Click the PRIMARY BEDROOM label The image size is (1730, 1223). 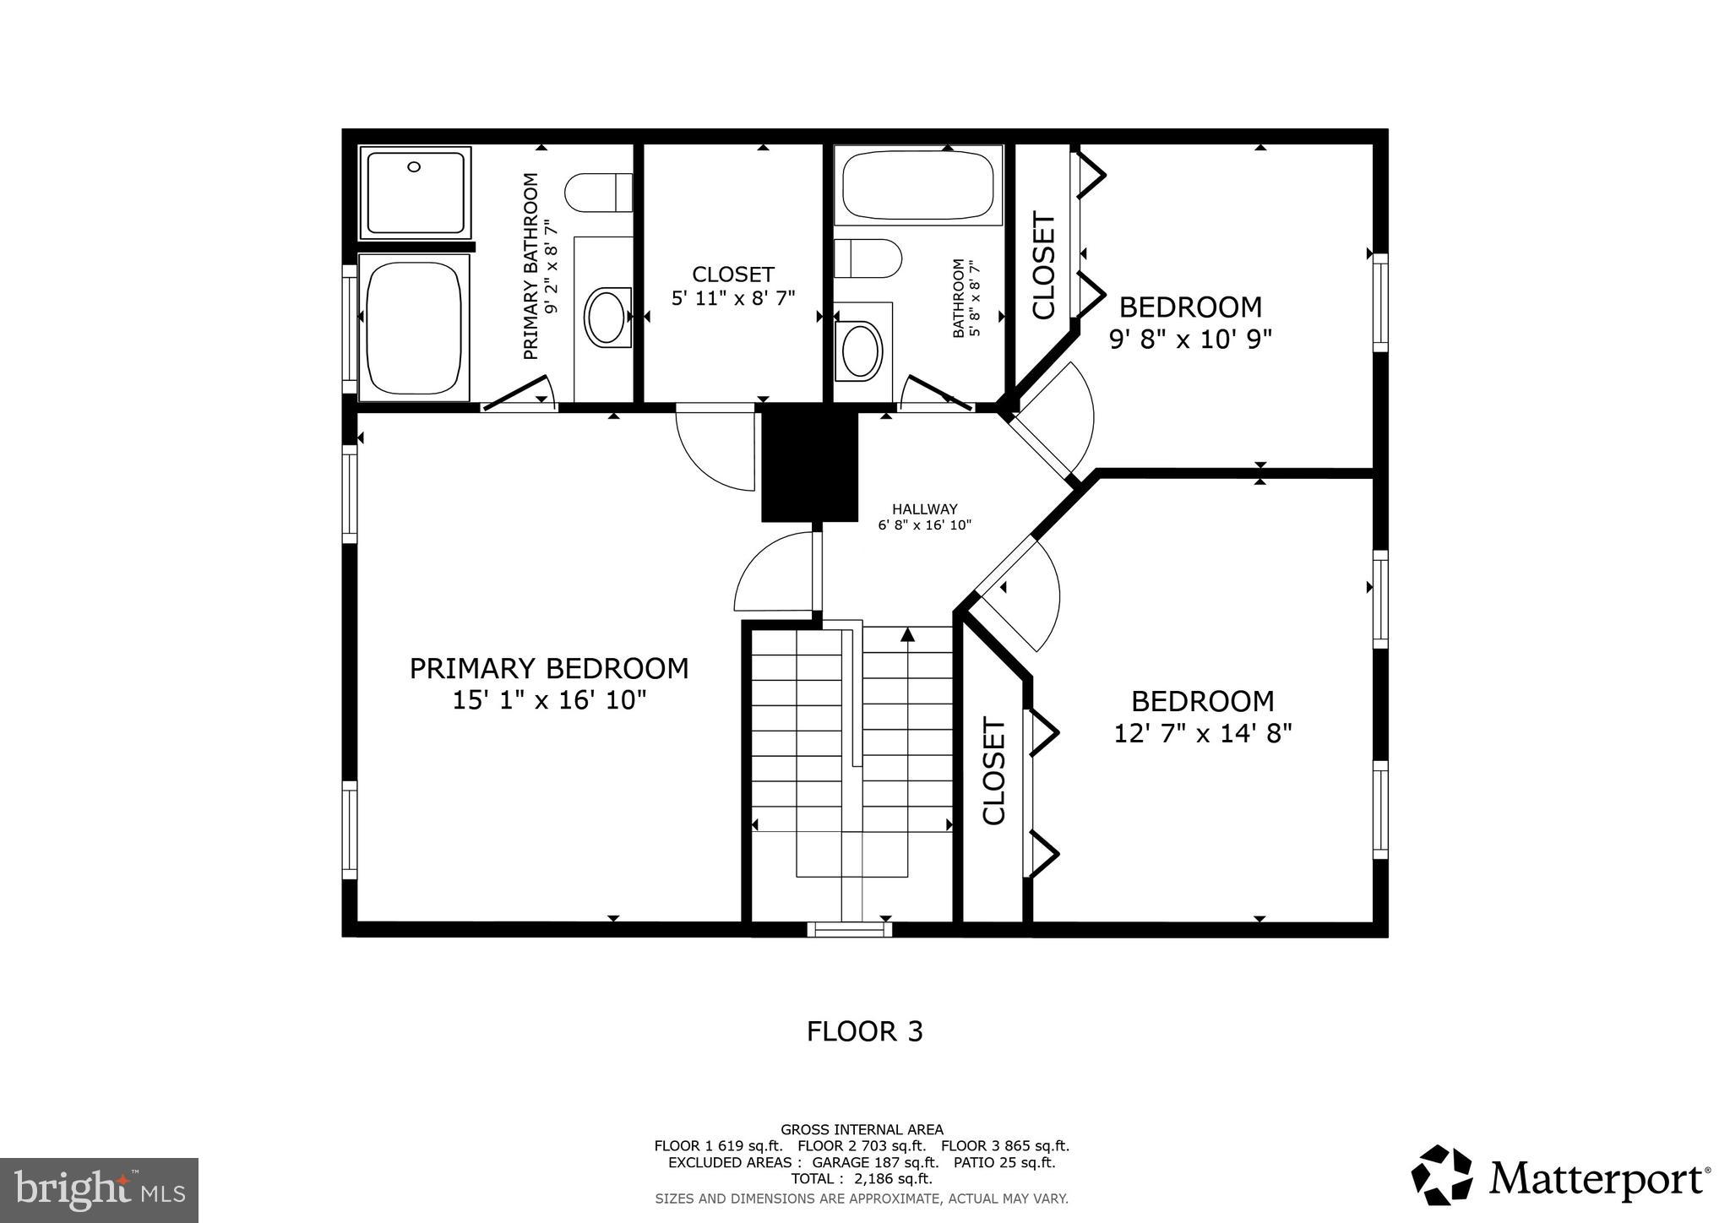tap(549, 668)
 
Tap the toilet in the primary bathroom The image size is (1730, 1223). tap(598, 193)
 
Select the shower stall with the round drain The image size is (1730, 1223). tap(415, 193)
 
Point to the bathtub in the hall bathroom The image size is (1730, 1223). tap(917, 185)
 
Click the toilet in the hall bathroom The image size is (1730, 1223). tap(866, 258)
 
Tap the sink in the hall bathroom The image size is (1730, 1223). tap(861, 350)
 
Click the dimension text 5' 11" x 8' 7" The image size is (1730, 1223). tap(733, 298)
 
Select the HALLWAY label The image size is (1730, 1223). tap(924, 509)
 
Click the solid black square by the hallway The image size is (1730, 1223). tap(809, 463)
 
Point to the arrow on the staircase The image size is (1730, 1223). tap(908, 634)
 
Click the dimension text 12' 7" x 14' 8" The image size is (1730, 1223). tap(1203, 733)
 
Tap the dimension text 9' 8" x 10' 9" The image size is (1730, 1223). tap(1190, 339)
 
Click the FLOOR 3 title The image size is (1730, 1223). tap(864, 1031)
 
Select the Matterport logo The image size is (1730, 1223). tap(1559, 1176)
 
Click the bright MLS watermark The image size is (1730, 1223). tap(99, 1190)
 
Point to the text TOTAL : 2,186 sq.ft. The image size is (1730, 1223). tap(861, 1178)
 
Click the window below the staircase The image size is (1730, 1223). tap(849, 929)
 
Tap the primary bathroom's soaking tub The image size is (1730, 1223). tap(414, 328)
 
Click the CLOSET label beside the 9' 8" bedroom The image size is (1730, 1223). tap(1044, 267)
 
